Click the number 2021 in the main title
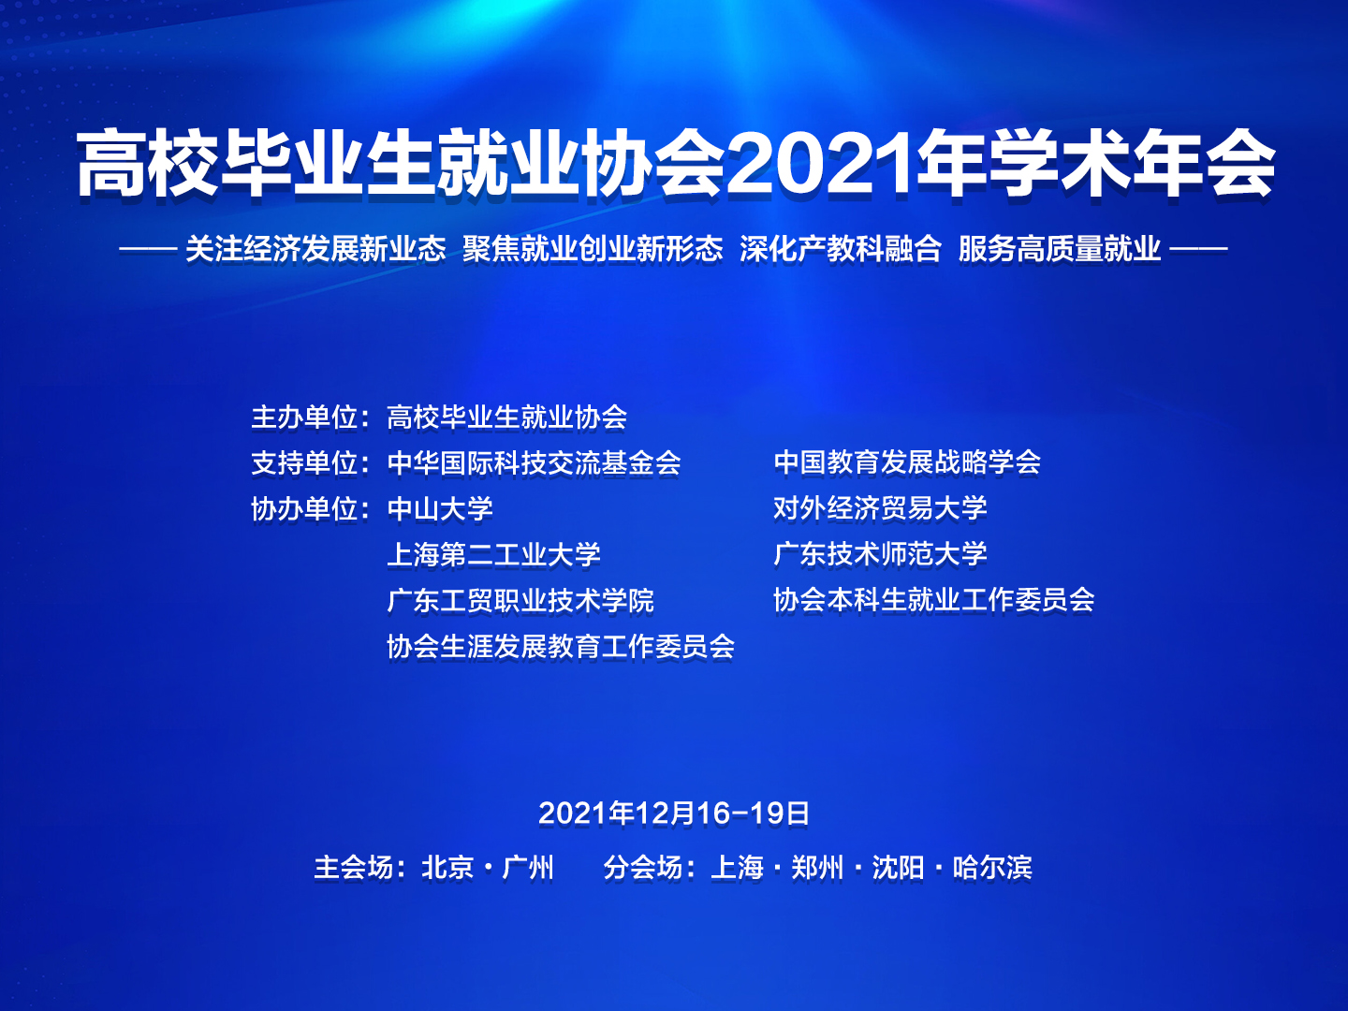[x=820, y=163]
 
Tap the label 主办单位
[x=304, y=418]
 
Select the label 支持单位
[x=304, y=462]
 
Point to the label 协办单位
[x=304, y=509]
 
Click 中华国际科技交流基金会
[x=534, y=462]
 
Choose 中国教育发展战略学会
[x=907, y=462]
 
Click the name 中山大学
[x=440, y=509]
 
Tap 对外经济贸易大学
[x=880, y=508]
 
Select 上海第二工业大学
[x=493, y=555]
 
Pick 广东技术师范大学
[x=880, y=553]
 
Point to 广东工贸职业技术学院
[x=520, y=600]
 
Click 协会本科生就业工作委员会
[x=933, y=600]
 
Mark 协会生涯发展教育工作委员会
[x=561, y=646]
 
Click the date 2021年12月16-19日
[x=674, y=814]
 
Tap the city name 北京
[x=447, y=868]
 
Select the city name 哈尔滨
[x=991, y=868]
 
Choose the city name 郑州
[x=817, y=868]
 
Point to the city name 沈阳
[x=898, y=868]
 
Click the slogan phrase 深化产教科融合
[x=840, y=249]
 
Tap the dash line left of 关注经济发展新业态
[x=148, y=249]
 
